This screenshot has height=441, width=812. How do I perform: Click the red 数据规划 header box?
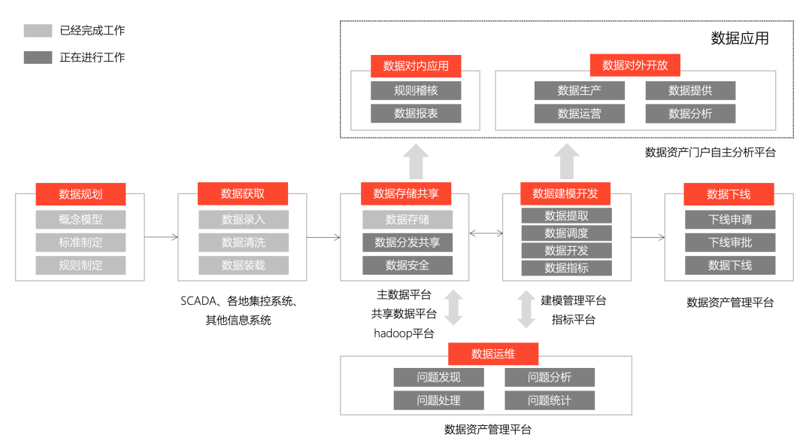tap(80, 194)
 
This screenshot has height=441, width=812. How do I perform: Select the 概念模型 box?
tap(80, 220)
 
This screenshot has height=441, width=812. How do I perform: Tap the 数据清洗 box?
tap(243, 242)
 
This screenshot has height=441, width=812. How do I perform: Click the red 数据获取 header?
tap(243, 194)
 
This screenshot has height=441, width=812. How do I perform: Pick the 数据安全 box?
tap(408, 265)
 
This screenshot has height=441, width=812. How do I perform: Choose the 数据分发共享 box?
tap(408, 242)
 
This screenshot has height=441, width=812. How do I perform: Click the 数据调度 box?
tap(566, 233)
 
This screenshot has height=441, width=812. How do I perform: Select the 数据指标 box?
tap(566, 268)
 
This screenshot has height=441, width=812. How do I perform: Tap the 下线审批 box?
tap(729, 242)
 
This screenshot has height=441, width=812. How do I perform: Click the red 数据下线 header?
tap(729, 194)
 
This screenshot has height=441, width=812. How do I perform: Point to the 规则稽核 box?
tap(416, 90)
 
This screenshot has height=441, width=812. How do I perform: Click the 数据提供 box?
tap(690, 90)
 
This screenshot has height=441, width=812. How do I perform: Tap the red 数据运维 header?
tap(493, 354)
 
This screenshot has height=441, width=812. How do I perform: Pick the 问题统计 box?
tap(549, 400)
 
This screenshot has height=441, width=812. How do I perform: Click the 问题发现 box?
tap(438, 377)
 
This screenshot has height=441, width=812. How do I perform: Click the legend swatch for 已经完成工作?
tap(38, 31)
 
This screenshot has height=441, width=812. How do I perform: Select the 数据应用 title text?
tap(740, 38)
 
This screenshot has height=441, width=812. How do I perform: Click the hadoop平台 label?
tap(404, 333)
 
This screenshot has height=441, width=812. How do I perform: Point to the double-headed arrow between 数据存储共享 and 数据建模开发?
tap(486, 234)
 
